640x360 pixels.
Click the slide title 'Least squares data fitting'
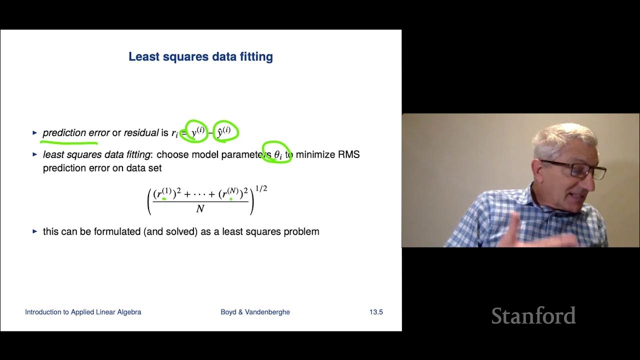click(x=200, y=56)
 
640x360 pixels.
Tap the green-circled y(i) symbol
click(x=196, y=132)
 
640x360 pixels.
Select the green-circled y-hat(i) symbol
click(x=224, y=132)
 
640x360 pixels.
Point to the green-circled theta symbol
click(x=278, y=154)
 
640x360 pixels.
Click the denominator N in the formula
click(x=200, y=209)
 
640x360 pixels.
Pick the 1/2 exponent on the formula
click(x=261, y=189)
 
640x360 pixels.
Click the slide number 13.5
click(x=376, y=312)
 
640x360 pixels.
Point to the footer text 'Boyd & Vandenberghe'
click(x=255, y=312)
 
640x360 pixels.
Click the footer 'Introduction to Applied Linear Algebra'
click(x=83, y=312)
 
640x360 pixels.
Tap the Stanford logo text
click(x=533, y=316)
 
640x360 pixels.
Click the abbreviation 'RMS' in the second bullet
click(x=349, y=154)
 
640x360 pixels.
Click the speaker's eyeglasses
click(x=575, y=168)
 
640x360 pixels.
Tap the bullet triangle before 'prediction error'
click(x=35, y=133)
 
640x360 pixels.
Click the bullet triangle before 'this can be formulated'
click(x=35, y=231)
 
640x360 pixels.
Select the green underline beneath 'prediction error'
click(x=69, y=143)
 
